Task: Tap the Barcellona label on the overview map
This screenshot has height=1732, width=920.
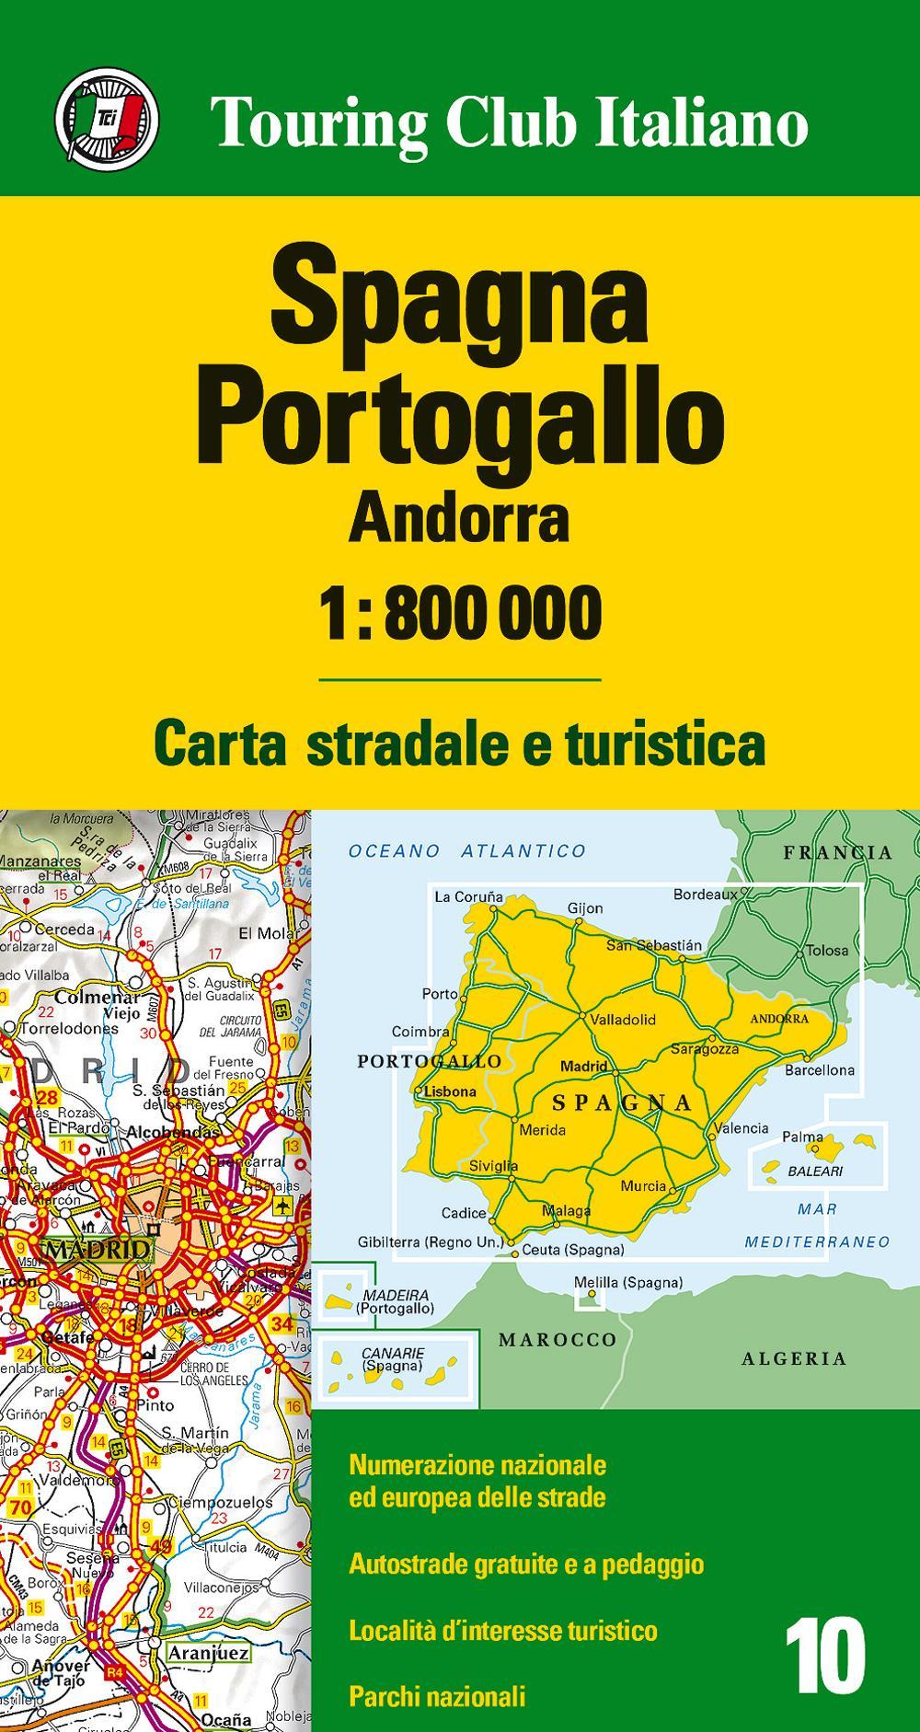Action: pyautogui.click(x=819, y=1070)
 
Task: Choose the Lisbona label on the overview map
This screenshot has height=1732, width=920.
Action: pyautogui.click(x=450, y=1092)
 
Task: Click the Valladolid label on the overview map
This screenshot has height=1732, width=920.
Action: pyautogui.click(x=623, y=1020)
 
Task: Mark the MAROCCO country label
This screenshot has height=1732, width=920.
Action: pyautogui.click(x=558, y=1339)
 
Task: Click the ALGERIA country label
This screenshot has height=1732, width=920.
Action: pyautogui.click(x=794, y=1357)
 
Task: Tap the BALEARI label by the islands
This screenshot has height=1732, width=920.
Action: pyautogui.click(x=815, y=1172)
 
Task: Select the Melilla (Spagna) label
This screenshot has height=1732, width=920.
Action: pyautogui.click(x=627, y=1282)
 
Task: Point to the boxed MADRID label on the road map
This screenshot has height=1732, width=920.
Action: pyautogui.click(x=97, y=1249)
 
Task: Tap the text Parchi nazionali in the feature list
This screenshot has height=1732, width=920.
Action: pyautogui.click(x=437, y=1695)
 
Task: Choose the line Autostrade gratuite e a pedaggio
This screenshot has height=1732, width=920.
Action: pyautogui.click(x=526, y=1564)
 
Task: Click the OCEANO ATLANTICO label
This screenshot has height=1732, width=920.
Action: pyautogui.click(x=466, y=851)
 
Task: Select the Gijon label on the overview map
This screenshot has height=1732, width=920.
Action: pyautogui.click(x=584, y=908)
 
